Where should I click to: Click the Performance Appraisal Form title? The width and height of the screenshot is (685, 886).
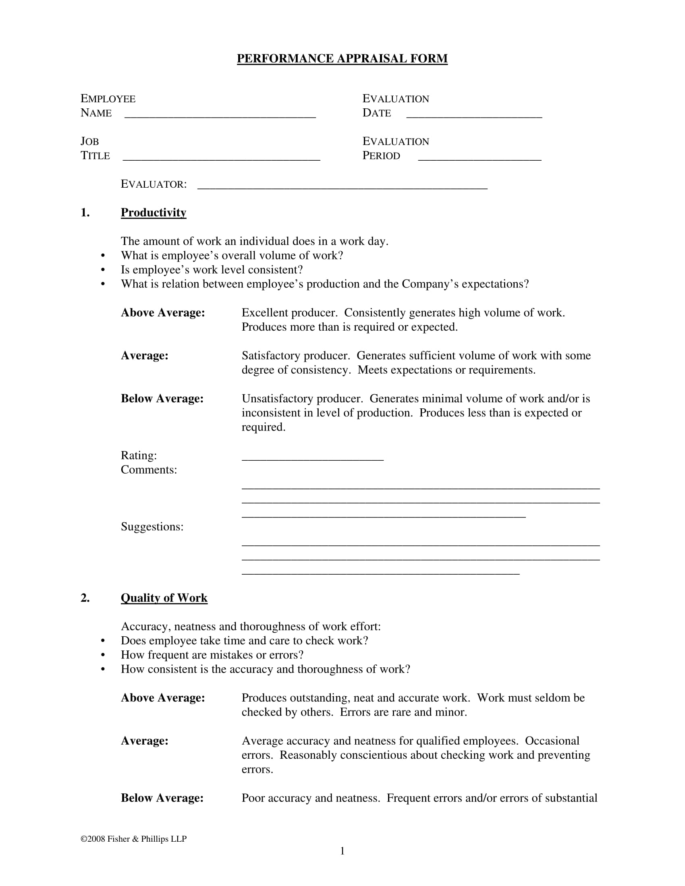pyautogui.click(x=342, y=58)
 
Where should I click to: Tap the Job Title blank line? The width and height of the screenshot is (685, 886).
pyautogui.click(x=221, y=158)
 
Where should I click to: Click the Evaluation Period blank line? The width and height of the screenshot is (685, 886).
pyautogui.click(x=479, y=158)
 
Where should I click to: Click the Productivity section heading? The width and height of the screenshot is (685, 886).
pyautogui.click(x=154, y=213)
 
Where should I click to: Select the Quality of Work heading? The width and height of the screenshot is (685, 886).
pyautogui.click(x=164, y=598)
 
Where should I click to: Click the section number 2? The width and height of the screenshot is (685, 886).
pyautogui.click(x=85, y=598)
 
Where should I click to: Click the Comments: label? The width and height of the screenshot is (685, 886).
pyautogui.click(x=149, y=470)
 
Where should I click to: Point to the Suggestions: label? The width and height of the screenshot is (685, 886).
pyautogui.click(x=152, y=527)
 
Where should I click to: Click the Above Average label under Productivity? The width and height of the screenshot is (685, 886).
pyautogui.click(x=163, y=313)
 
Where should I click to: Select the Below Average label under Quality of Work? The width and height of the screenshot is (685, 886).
pyautogui.click(x=162, y=798)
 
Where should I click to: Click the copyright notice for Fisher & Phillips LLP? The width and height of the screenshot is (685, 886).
pyautogui.click(x=133, y=839)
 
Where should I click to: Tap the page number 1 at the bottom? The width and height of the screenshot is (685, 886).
pyautogui.click(x=342, y=851)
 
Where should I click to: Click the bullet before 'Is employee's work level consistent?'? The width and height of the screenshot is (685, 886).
pyautogui.click(x=103, y=270)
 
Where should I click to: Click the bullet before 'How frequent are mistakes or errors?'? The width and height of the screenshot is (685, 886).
pyautogui.click(x=103, y=655)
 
